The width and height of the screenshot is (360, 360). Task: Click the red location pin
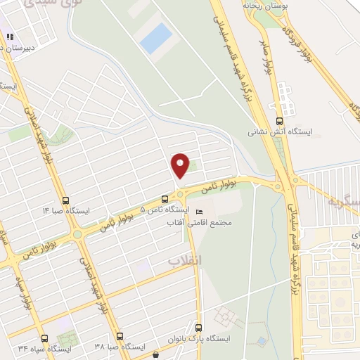pos(181,165)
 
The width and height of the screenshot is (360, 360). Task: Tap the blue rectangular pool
pos(155,37)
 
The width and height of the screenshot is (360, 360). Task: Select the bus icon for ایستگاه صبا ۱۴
pos(66,200)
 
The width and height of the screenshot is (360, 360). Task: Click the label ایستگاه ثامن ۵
pos(165,210)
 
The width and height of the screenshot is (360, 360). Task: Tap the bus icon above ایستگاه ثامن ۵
pos(165,199)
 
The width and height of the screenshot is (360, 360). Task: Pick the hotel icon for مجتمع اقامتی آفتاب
pos(199,212)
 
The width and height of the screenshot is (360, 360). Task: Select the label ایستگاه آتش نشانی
pos(280,131)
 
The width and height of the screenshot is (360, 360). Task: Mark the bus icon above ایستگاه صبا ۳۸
pos(120,337)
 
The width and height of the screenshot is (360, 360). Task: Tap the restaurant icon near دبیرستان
pos(10,37)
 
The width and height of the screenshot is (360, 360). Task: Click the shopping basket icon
pos(155,355)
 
